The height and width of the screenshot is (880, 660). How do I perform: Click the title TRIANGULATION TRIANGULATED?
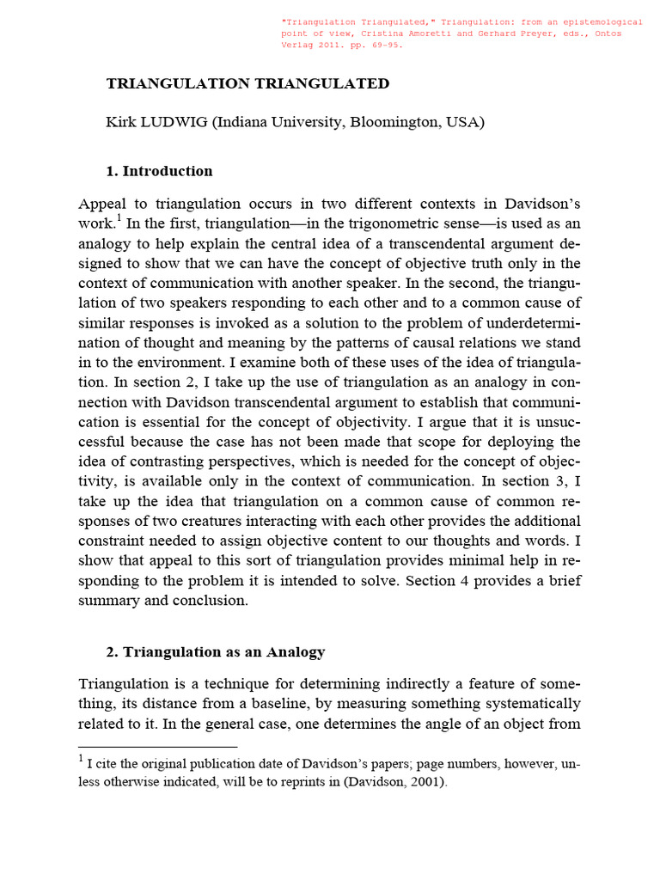247,83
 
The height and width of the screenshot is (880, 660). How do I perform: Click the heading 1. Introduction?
159,171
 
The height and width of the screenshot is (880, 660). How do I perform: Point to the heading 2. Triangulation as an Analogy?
215,651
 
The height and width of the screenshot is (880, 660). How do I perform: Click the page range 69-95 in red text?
382,46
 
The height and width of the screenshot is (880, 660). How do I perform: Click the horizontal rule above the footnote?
157,747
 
